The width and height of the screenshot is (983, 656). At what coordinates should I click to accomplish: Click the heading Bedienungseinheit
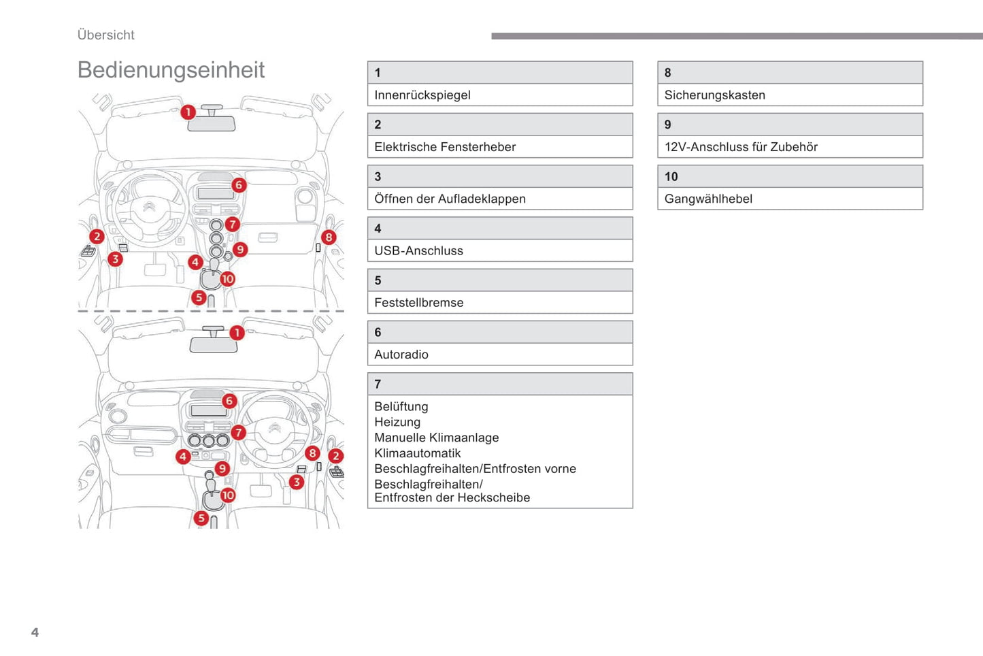coord(171,70)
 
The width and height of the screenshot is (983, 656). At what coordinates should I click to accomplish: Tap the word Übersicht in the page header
coord(105,35)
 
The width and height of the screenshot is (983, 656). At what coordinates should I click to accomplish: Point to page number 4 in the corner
coord(35,632)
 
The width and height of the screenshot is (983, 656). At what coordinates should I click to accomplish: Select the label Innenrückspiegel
coord(422,95)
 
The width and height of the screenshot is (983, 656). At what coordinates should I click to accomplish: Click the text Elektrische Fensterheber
coord(444,147)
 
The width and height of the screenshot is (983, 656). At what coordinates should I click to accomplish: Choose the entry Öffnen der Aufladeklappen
coord(450,199)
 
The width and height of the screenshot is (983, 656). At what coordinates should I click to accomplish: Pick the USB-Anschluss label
coord(418,250)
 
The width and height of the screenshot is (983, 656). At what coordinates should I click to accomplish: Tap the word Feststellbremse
coord(418,303)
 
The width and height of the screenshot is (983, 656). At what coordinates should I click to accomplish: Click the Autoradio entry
coord(401,355)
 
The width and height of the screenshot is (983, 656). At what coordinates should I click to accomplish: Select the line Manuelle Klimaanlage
coord(436,438)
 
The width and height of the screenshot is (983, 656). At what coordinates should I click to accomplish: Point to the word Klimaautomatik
coord(417,453)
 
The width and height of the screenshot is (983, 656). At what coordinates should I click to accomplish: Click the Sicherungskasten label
coord(714,95)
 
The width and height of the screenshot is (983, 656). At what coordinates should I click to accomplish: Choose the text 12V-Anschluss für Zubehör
coord(741,147)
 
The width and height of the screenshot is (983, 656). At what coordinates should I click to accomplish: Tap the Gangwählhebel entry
coord(708,199)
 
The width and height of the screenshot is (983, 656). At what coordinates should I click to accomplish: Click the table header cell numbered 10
coord(790,176)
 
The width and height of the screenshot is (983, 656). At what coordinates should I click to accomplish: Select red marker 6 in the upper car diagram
coord(238,185)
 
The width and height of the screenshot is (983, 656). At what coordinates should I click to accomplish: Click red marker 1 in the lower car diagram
coord(236,333)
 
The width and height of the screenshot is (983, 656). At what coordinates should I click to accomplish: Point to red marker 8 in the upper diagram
coord(329,237)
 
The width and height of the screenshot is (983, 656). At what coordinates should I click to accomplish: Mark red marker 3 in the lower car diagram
coord(296,482)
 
